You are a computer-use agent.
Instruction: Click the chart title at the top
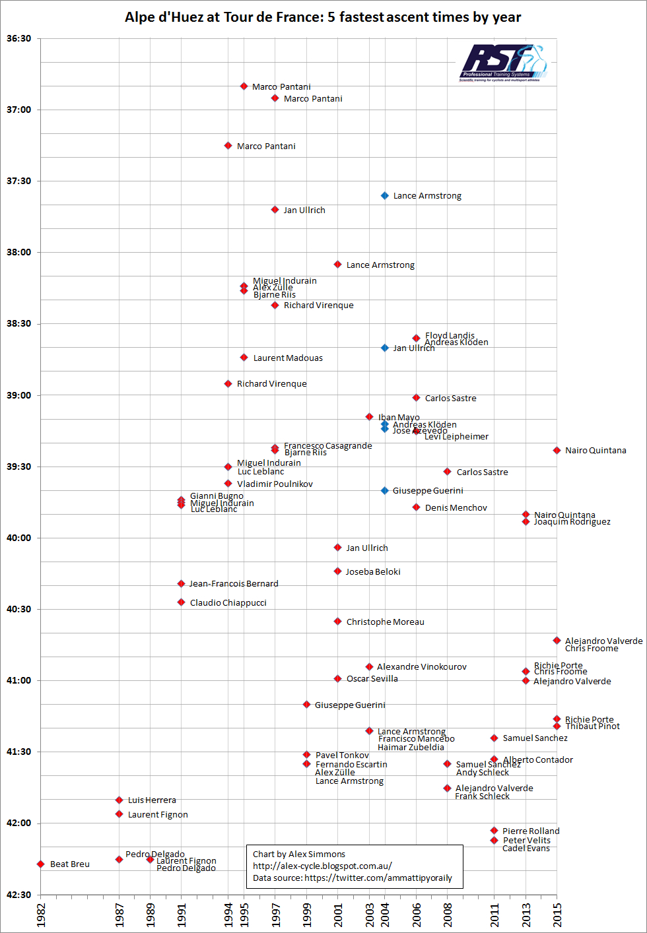[x=323, y=17]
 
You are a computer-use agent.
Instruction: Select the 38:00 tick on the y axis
[x=18, y=252]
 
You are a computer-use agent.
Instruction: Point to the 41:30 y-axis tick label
[x=18, y=752]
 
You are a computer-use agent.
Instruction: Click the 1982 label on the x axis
[x=41, y=915]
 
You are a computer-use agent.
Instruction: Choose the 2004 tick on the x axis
[x=385, y=915]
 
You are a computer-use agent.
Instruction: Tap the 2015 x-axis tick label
[x=557, y=915]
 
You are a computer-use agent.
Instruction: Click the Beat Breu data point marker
[x=41, y=864]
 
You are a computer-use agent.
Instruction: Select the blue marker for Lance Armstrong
[x=385, y=196]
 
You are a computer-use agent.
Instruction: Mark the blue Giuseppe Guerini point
[x=385, y=490]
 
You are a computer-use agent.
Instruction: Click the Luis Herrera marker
[x=119, y=800]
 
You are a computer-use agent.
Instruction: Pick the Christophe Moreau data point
[x=337, y=622]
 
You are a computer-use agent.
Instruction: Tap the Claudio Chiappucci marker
[x=181, y=602]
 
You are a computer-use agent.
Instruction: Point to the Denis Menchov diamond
[x=416, y=507]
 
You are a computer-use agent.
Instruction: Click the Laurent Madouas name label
[x=288, y=358]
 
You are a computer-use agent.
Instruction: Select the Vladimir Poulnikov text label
[x=275, y=484]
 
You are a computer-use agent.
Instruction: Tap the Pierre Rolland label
[x=530, y=831]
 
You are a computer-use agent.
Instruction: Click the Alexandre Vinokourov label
[x=421, y=667]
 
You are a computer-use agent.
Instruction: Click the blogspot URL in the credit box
[x=322, y=866]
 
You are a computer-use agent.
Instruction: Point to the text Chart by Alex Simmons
[x=298, y=854]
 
